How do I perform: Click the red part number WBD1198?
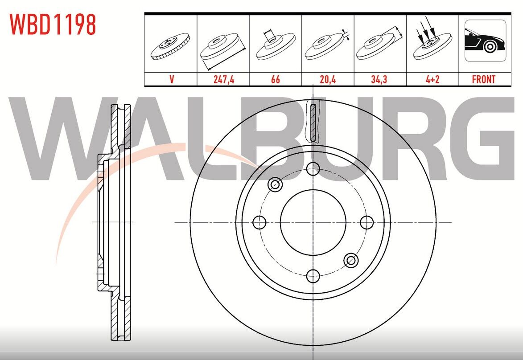(53, 25)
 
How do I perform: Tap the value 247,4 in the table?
(224, 79)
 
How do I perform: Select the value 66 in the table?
(276, 79)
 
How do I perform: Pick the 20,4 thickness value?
(328, 79)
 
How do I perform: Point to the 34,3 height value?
(379, 79)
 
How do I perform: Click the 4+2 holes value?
(432, 79)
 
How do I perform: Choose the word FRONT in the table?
(484, 79)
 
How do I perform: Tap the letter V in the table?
(172, 79)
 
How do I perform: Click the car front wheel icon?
(485, 41)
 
